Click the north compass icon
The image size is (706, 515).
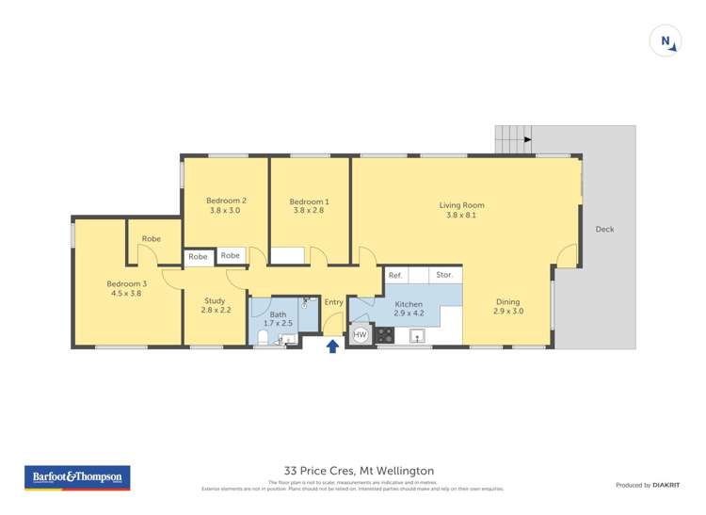(x=666, y=41)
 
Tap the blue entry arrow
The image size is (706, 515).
(x=332, y=346)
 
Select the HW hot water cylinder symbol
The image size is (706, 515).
(x=360, y=334)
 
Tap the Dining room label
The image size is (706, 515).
(x=507, y=306)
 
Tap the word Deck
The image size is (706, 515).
(x=604, y=229)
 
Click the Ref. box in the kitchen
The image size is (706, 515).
(x=395, y=275)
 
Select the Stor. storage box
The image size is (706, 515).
(x=444, y=275)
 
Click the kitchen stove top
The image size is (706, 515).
(x=385, y=334)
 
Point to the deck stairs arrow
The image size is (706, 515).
(x=526, y=140)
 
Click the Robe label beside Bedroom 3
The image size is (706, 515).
(x=151, y=239)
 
